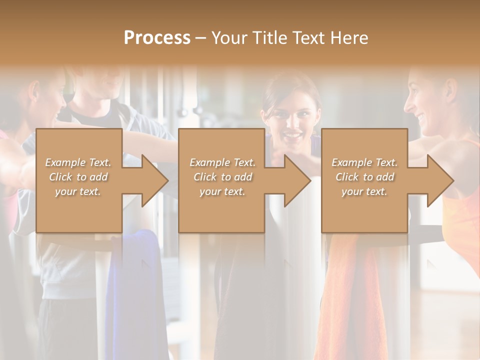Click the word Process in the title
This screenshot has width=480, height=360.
tap(157, 38)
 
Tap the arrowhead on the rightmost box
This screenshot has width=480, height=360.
tap(439, 180)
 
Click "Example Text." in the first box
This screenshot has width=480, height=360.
tap(78, 162)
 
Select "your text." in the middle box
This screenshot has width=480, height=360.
tap(222, 191)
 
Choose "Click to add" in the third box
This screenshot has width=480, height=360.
tap(364, 177)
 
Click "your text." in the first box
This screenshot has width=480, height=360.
tap(78, 191)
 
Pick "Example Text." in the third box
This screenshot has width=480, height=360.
tap(364, 162)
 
